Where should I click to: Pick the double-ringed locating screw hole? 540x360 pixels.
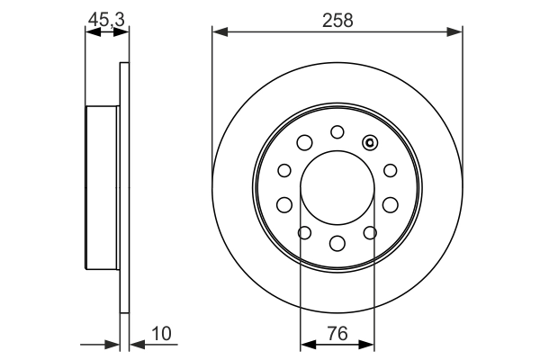click(x=369, y=142)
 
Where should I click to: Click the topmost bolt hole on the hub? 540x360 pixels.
click(x=337, y=131)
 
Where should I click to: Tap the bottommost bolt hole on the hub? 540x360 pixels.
click(x=337, y=242)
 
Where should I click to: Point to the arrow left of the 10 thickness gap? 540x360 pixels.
click(x=113, y=343)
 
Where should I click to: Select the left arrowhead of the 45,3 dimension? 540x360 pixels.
click(x=90, y=31)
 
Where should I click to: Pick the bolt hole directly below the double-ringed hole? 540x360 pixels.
click(x=390, y=170)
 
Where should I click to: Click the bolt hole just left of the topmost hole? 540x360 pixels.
click(x=304, y=142)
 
